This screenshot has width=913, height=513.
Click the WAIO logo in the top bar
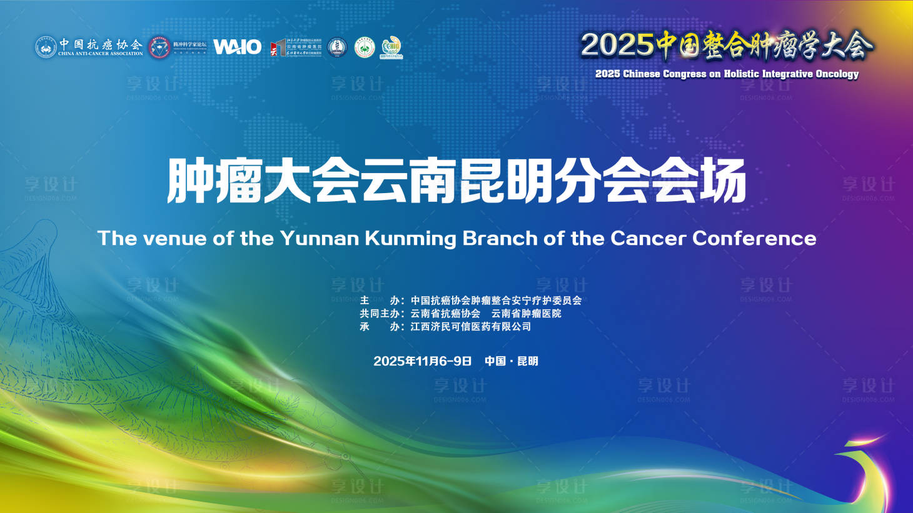click(237, 47)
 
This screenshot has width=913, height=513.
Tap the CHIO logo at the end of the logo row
click(391, 47)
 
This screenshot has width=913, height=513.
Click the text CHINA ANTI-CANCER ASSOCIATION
click(101, 54)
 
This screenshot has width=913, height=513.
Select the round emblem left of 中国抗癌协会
click(46, 47)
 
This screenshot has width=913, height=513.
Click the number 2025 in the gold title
click(617, 45)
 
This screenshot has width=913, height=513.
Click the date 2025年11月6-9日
click(422, 361)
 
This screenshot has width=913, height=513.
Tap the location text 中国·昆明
click(511, 361)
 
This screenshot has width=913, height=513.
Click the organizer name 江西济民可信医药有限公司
click(470, 327)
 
